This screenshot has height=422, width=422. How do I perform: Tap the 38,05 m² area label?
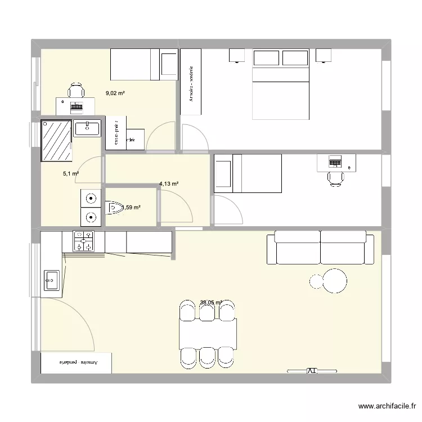(x=211, y=303)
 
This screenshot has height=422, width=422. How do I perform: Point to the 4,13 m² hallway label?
(x=169, y=184)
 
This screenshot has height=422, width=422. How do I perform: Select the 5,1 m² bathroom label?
(x=70, y=174)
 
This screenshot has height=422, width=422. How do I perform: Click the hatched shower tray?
(x=56, y=141)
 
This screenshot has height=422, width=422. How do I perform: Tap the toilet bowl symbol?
(x=115, y=208)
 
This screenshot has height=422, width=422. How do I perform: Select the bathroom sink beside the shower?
(x=87, y=128)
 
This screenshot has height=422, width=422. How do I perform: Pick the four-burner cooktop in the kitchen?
(x=83, y=241)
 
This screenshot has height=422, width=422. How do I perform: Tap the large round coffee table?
(x=336, y=280)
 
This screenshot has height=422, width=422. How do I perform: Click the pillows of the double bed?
(x=281, y=58)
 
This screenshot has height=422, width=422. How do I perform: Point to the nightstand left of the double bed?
(x=237, y=55)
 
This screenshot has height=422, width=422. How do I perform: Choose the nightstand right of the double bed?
(x=324, y=55)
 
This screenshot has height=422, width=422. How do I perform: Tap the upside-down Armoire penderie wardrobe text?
(x=77, y=363)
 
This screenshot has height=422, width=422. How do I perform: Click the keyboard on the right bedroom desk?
(x=336, y=163)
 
